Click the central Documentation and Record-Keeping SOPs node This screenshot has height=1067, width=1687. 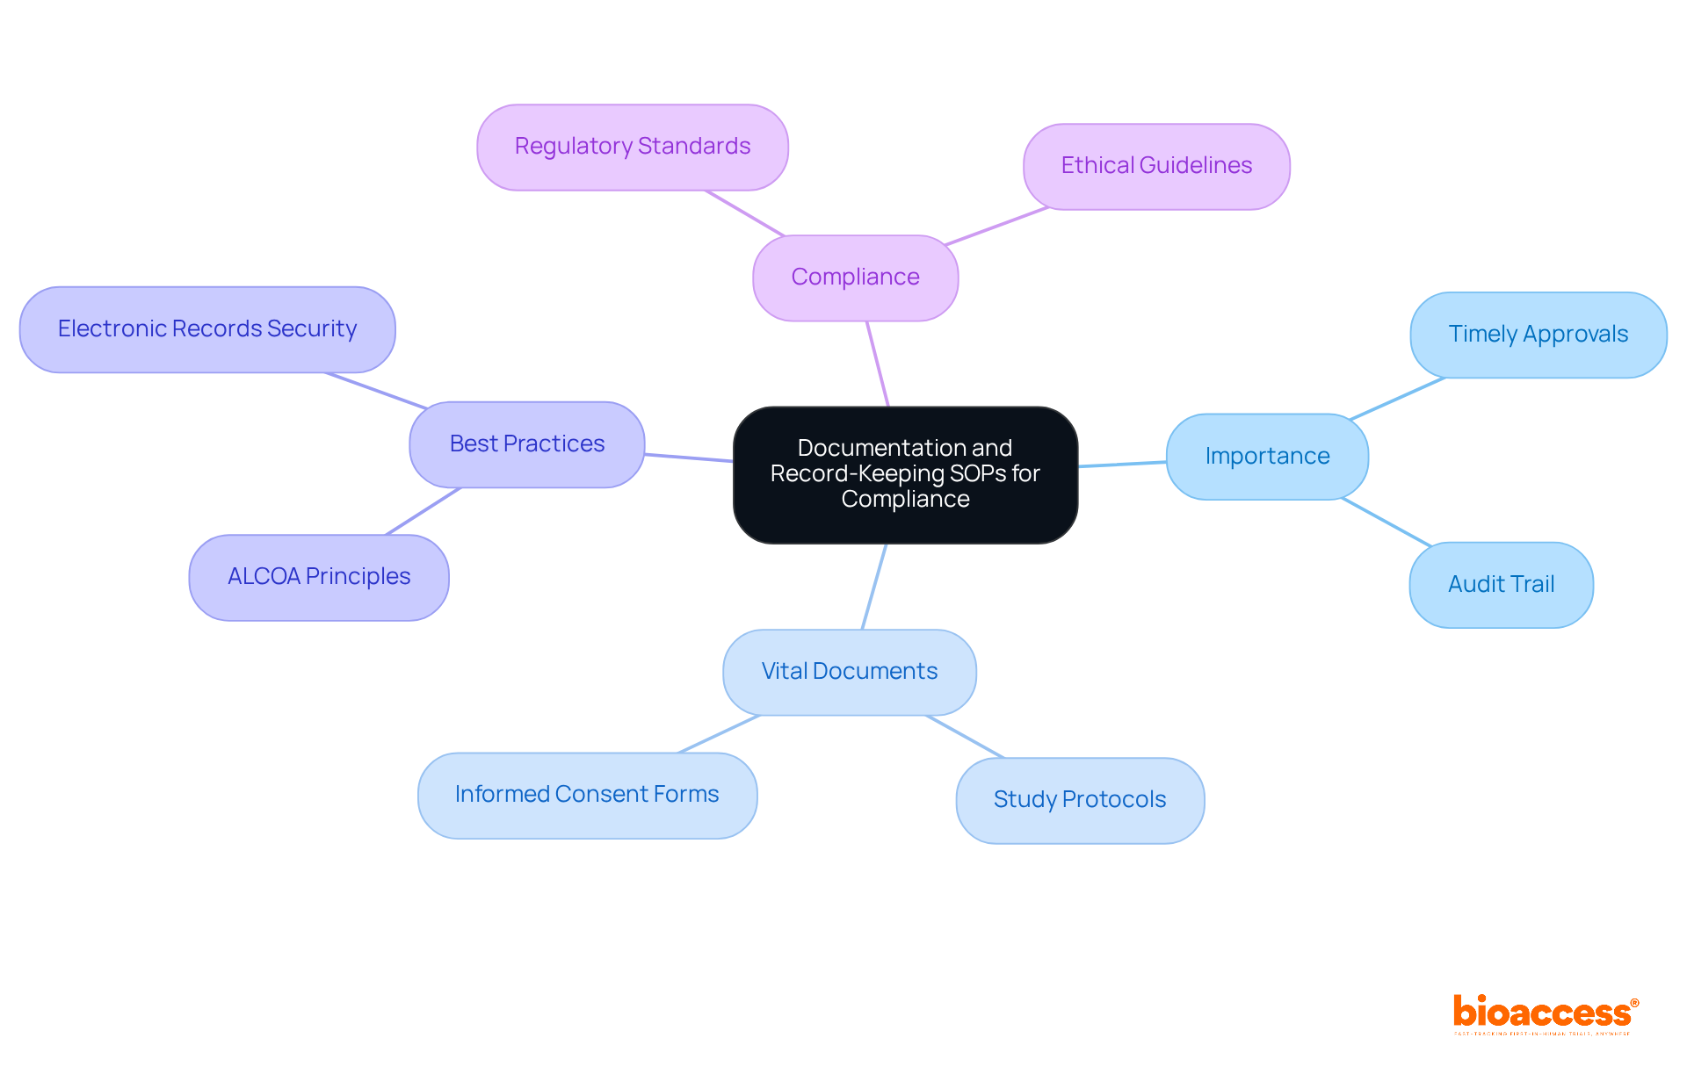(905, 474)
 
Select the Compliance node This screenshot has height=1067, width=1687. (855, 278)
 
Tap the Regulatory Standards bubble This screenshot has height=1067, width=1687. (632, 147)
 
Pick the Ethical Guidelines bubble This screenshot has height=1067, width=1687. (1156, 166)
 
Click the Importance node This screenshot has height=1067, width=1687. (1267, 457)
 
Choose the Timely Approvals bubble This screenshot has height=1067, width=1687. (1538, 335)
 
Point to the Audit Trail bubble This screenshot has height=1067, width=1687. (1501, 585)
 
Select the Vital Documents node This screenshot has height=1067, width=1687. (849, 672)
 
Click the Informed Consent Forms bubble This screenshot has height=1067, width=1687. (587, 795)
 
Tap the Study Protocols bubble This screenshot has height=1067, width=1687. (1080, 800)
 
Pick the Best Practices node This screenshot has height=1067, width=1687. (526, 444)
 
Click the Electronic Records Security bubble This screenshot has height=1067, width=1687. (207, 329)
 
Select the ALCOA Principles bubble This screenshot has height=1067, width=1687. (319, 577)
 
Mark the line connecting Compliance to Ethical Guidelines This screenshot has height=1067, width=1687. (997, 227)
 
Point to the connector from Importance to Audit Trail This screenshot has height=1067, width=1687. (1387, 523)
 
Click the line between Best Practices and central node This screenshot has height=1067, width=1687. (689, 458)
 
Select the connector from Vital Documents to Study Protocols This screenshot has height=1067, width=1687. (965, 736)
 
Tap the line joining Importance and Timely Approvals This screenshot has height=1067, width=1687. (1397, 399)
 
